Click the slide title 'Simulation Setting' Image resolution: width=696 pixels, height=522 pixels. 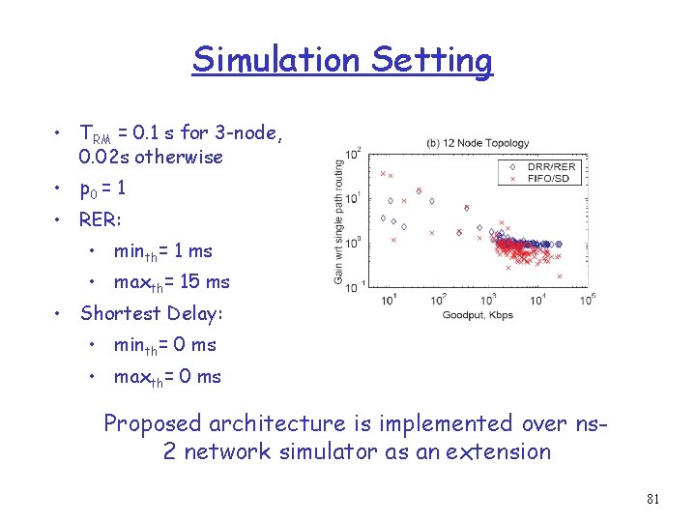(342, 60)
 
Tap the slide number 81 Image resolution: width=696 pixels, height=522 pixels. (652, 500)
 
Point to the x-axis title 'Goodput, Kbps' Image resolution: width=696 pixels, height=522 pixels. (477, 316)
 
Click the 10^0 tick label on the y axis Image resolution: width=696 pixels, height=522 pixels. (352, 243)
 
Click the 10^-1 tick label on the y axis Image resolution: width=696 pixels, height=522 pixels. (352, 285)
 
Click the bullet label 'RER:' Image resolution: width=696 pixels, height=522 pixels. (101, 219)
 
